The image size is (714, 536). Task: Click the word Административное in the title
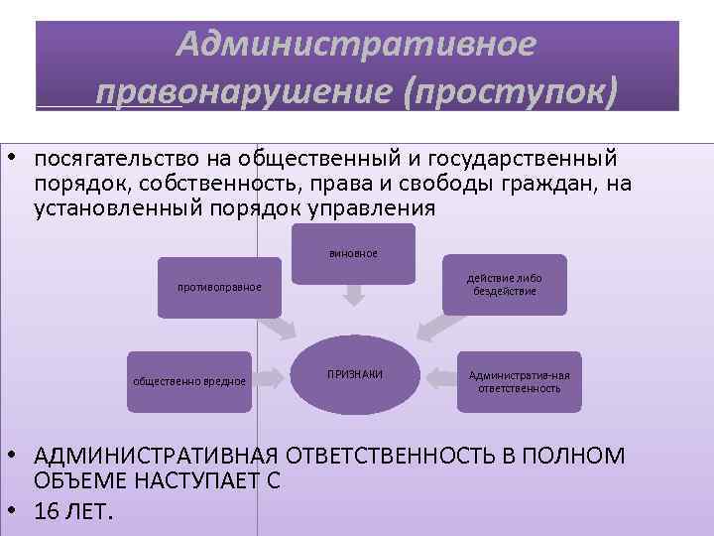[x=356, y=43]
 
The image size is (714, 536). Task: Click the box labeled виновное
[x=353, y=252]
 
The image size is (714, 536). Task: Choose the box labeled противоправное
[x=219, y=288]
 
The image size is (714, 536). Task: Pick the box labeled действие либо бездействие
[x=504, y=284]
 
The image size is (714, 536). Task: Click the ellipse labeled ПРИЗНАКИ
[x=354, y=375]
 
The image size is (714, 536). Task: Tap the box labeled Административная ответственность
[x=519, y=381]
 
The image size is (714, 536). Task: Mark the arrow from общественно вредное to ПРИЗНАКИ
[x=267, y=376]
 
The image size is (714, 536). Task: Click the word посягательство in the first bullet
[x=116, y=159]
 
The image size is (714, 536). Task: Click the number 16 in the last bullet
[x=46, y=511]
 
